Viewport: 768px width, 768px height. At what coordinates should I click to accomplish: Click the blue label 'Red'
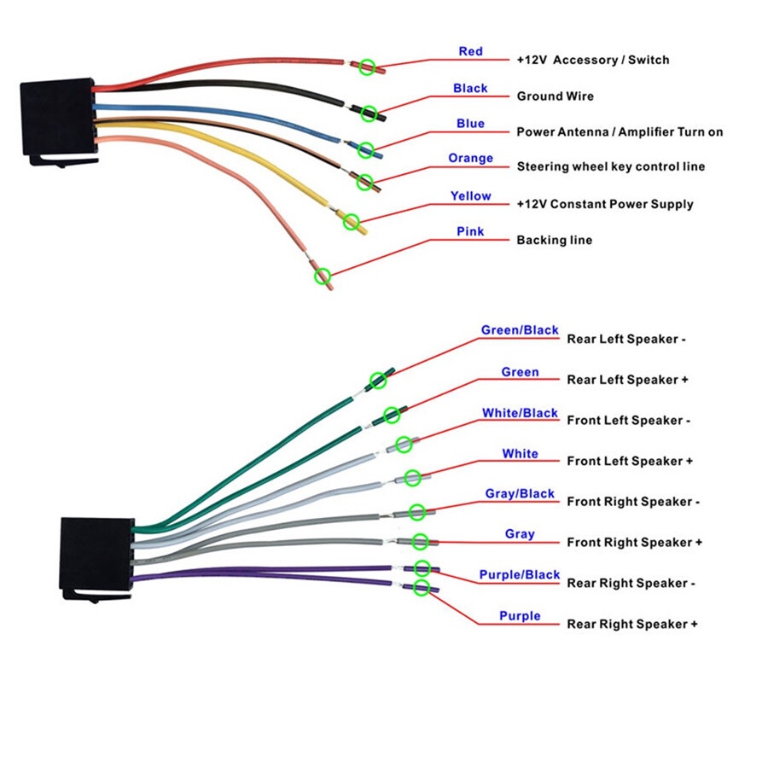tap(470, 51)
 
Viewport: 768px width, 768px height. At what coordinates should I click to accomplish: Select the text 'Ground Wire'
tap(555, 96)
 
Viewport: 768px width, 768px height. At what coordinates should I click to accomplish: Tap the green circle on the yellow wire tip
tap(352, 221)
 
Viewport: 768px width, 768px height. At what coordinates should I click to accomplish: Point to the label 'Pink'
tap(470, 231)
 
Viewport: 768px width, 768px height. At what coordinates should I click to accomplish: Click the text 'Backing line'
tap(555, 240)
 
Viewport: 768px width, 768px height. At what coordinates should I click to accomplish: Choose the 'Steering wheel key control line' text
tap(611, 166)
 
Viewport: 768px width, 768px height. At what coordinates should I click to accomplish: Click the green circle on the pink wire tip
tap(323, 276)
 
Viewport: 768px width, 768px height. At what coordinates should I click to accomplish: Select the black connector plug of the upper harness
tap(59, 121)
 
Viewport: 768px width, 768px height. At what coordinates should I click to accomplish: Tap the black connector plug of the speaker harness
tap(96, 559)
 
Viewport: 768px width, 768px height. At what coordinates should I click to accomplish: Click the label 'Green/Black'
tap(520, 330)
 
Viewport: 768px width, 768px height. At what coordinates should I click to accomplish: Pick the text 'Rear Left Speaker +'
tap(627, 380)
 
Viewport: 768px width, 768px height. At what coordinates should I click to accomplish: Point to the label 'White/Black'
tap(520, 413)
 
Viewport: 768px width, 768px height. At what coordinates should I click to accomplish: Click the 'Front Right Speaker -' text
tap(633, 502)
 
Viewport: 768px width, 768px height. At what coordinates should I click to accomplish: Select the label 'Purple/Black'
tap(519, 574)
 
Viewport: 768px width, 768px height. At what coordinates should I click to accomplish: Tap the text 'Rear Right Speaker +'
tap(632, 624)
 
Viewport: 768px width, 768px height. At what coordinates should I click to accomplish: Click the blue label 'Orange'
tap(470, 158)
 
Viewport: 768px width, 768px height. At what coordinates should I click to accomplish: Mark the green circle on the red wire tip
tap(367, 67)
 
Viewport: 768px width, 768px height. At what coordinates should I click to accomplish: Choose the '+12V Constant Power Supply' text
tap(605, 204)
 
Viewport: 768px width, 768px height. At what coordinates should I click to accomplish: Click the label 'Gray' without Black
tap(520, 534)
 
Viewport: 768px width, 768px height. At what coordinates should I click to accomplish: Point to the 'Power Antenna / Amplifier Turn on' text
tap(620, 131)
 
